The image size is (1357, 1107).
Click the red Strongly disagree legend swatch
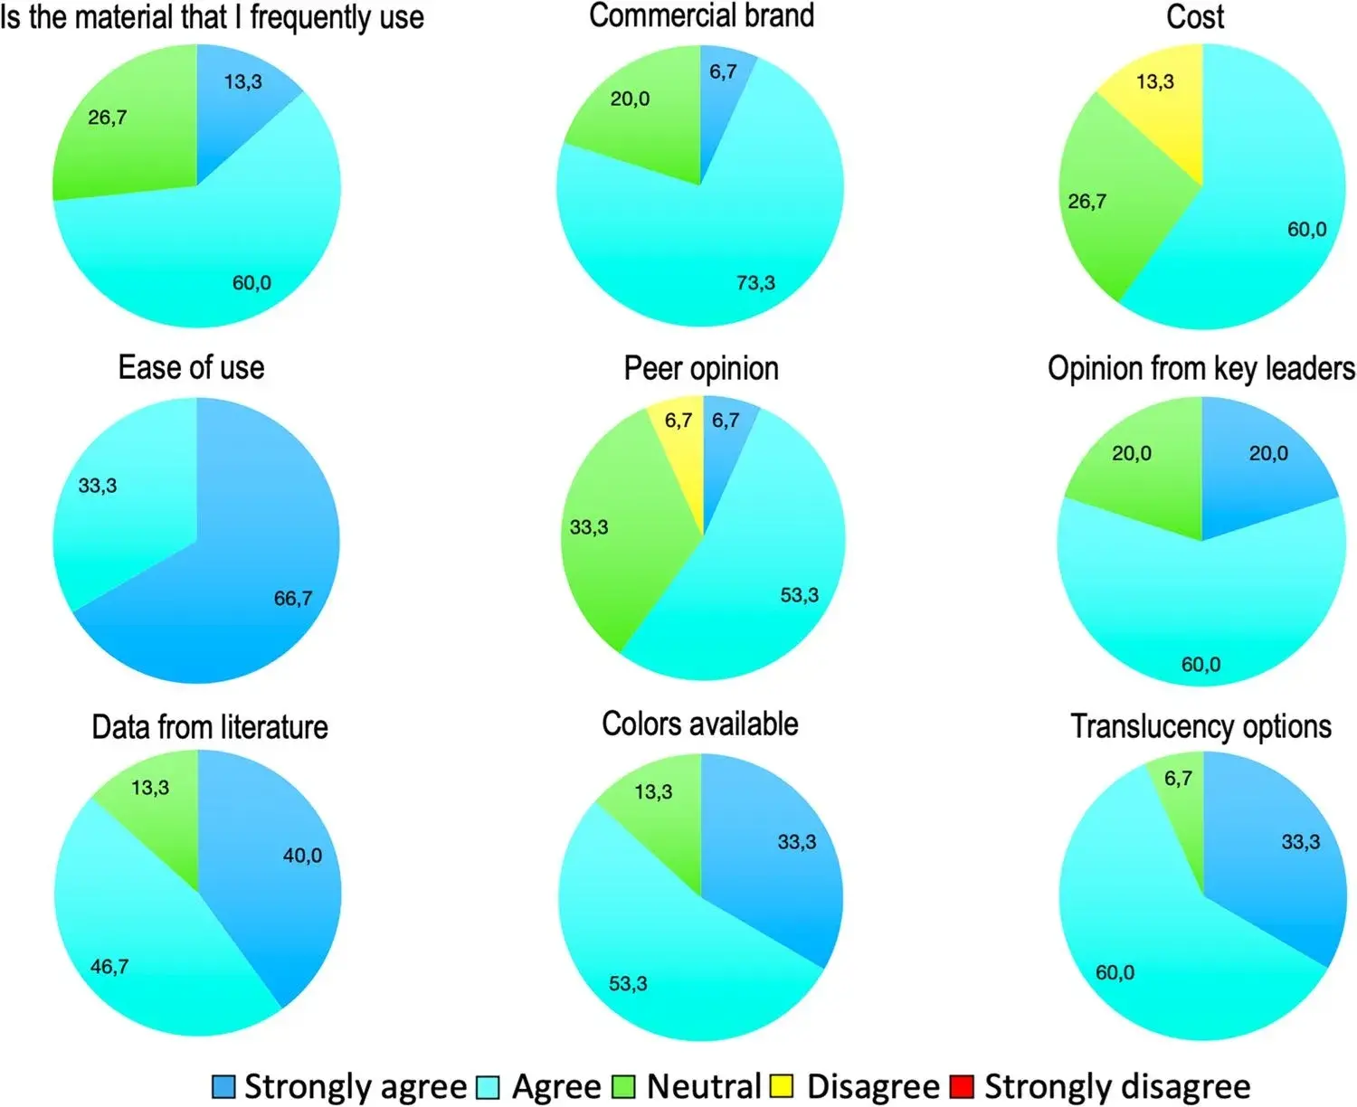tap(961, 1086)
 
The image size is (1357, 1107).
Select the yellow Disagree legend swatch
tap(782, 1086)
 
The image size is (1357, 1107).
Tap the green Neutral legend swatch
tap(623, 1086)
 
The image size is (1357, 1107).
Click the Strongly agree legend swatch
tap(223, 1086)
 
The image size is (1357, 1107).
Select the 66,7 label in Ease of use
tap(293, 598)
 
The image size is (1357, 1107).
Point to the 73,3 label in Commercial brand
tap(755, 283)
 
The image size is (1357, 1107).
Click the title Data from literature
tap(210, 727)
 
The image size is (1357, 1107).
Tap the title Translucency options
tap(1200, 726)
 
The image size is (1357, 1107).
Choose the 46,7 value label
tap(109, 967)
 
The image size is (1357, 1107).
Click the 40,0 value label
tap(302, 856)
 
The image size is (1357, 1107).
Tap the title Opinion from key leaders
tap(1200, 368)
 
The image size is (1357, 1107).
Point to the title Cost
tap(1195, 16)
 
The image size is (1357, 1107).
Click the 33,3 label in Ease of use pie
tap(98, 486)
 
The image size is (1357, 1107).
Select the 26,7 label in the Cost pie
tap(1087, 201)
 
